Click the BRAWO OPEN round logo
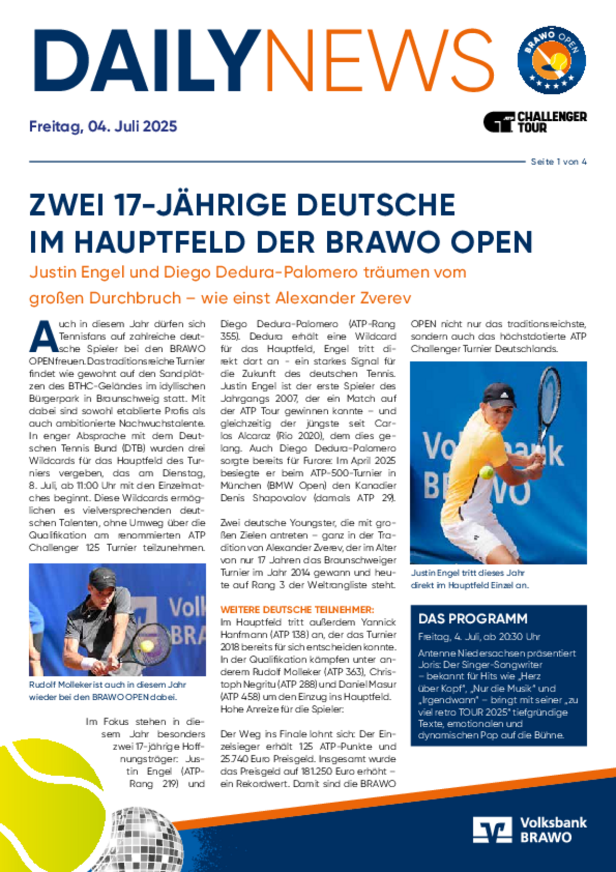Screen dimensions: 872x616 (x=552, y=60)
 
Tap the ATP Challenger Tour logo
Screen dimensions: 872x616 (x=535, y=122)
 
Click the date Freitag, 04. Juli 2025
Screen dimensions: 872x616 (x=103, y=127)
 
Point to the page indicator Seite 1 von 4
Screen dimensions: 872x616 (x=558, y=162)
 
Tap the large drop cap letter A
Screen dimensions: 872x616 (x=43, y=337)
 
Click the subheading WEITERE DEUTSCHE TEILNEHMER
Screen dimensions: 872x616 (x=297, y=610)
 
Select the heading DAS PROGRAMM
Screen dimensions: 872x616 (x=466, y=619)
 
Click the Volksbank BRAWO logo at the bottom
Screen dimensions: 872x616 (x=529, y=830)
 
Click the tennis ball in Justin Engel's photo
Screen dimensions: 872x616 (x=487, y=472)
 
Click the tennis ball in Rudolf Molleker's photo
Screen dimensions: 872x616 (x=147, y=645)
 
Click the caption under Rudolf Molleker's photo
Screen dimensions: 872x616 (x=107, y=691)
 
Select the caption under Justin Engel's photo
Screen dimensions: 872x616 (x=469, y=579)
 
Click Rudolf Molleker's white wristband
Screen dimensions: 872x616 (x=88, y=664)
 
